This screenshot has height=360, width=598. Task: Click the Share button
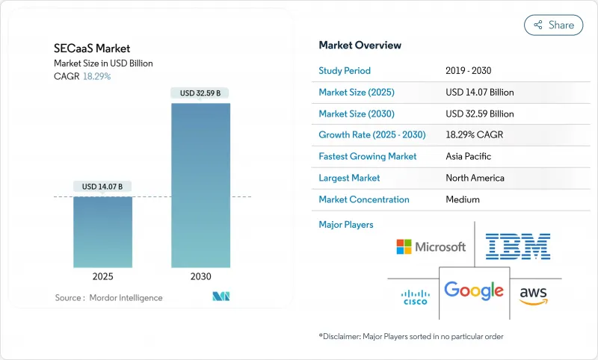[x=554, y=25]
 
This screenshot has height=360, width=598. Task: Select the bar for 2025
[x=102, y=232]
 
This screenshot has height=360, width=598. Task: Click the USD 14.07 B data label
[x=102, y=186]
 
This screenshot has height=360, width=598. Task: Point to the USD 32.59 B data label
[x=200, y=93]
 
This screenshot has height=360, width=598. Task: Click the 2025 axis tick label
[x=102, y=276]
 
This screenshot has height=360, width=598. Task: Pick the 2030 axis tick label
[x=200, y=276]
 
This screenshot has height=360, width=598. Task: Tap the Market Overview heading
[x=360, y=45]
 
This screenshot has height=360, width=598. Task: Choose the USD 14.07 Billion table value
[x=479, y=93]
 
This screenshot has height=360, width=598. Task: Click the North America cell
[x=475, y=178]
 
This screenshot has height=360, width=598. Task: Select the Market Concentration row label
[x=364, y=199]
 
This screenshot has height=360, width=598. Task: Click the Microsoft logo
[x=431, y=246]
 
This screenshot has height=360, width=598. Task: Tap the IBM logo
[x=517, y=246]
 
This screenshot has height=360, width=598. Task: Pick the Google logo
[x=474, y=290]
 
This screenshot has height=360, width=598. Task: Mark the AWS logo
[x=534, y=293]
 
